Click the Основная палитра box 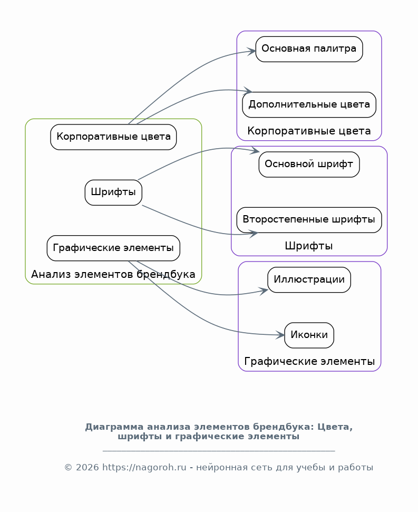(x=309, y=49)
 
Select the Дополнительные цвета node (x=309, y=104)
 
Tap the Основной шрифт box (x=309, y=165)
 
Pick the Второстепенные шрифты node (x=309, y=220)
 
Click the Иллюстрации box (x=309, y=279)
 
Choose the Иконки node (x=309, y=335)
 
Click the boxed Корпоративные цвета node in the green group (x=113, y=137)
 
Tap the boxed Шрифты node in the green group (x=113, y=192)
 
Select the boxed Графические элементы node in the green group (x=113, y=248)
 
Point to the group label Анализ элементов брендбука (x=113, y=275)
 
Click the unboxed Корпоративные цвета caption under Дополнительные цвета (x=309, y=131)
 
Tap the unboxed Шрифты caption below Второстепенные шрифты (x=309, y=246)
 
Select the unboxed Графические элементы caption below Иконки (x=309, y=362)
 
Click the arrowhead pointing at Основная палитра (x=252, y=52)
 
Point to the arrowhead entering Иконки (x=281, y=335)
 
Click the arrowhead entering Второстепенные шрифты (x=254, y=233)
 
